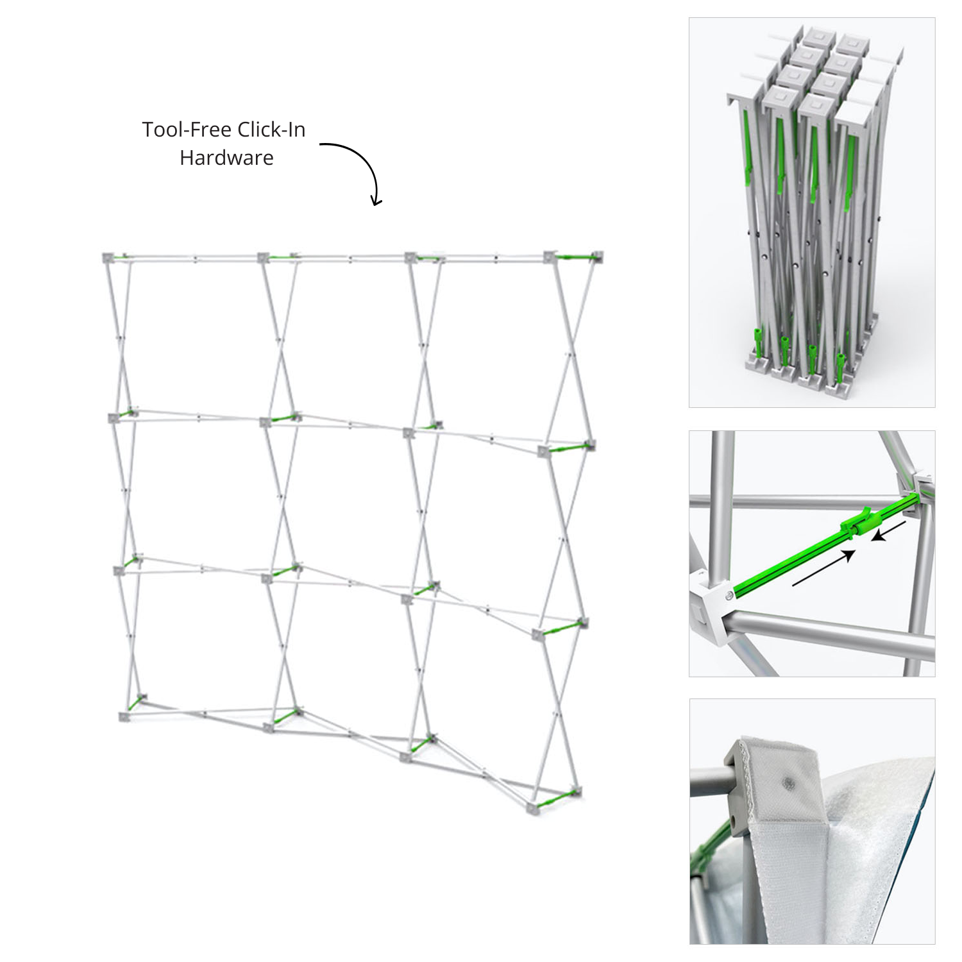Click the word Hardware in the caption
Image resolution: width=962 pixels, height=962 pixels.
point(226,158)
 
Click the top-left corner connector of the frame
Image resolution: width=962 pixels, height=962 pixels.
point(108,258)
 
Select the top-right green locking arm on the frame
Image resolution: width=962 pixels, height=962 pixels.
point(575,257)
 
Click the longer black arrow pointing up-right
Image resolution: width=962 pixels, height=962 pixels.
point(825,568)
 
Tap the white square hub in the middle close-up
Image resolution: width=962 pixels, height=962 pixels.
point(712,609)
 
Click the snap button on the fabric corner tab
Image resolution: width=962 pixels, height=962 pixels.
point(786,782)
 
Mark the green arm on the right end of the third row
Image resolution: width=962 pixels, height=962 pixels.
point(562,628)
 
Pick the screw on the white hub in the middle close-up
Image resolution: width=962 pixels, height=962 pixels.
point(730,596)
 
